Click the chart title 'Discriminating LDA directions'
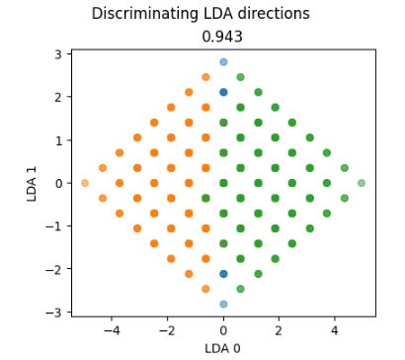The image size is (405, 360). pyautogui.click(x=201, y=14)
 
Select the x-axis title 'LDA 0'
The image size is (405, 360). pyautogui.click(x=223, y=347)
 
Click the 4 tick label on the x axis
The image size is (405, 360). pyautogui.click(x=335, y=329)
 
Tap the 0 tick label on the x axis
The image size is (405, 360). pyautogui.click(x=223, y=329)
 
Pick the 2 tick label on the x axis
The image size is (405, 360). pyautogui.click(x=280, y=329)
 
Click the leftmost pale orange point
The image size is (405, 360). pyautogui.click(x=85, y=183)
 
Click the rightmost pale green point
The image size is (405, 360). pyautogui.click(x=362, y=183)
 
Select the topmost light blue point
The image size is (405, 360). pyautogui.click(x=223, y=62)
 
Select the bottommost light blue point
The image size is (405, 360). pyautogui.click(x=223, y=304)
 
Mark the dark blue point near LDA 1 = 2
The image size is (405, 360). pyautogui.click(x=223, y=92)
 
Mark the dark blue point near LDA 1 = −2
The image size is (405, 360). pyautogui.click(x=223, y=274)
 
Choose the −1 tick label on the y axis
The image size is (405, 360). pyautogui.click(x=56, y=226)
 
